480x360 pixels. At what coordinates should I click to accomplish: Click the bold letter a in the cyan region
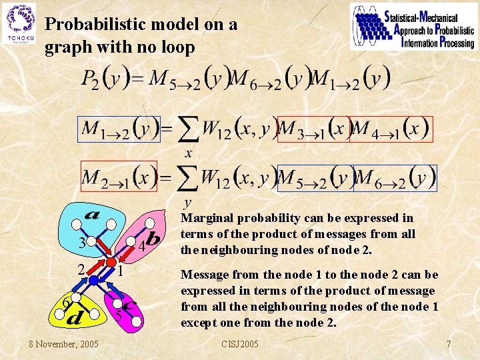[92, 215]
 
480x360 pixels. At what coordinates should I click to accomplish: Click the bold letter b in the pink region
[153, 237]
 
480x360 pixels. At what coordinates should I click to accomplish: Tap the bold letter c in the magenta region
[130, 306]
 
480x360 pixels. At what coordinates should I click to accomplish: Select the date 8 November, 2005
[63, 344]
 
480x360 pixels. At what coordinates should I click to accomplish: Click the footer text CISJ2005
[241, 344]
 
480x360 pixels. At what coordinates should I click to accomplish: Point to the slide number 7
[449, 344]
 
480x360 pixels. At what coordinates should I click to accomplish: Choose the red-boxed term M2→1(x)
[119, 177]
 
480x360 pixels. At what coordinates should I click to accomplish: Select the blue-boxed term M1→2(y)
[119, 129]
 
